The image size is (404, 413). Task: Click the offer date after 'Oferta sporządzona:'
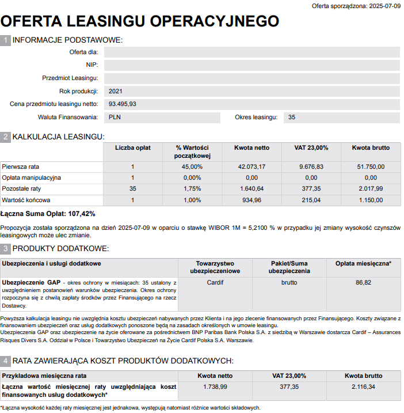(384, 6)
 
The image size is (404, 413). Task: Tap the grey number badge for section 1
(6, 40)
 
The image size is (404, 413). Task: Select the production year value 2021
(116, 91)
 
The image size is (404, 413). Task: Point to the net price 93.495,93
(123, 104)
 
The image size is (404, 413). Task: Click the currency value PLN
(115, 118)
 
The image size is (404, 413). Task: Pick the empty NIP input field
(251, 65)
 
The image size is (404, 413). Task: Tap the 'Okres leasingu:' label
(256, 118)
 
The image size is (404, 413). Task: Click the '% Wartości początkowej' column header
(192, 152)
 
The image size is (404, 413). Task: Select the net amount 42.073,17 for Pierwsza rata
(251, 166)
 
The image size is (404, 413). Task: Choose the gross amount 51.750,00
(371, 166)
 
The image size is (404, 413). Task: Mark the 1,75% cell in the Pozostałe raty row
(192, 189)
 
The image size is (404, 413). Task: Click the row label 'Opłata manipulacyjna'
(32, 177)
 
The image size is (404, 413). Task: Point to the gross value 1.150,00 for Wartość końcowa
(371, 200)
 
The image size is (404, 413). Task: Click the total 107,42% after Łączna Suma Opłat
(81, 214)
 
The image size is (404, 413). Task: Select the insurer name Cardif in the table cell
(215, 283)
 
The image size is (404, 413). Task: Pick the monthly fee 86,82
(363, 283)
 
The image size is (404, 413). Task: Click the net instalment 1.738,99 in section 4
(215, 387)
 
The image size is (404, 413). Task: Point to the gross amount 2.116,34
(363, 387)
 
